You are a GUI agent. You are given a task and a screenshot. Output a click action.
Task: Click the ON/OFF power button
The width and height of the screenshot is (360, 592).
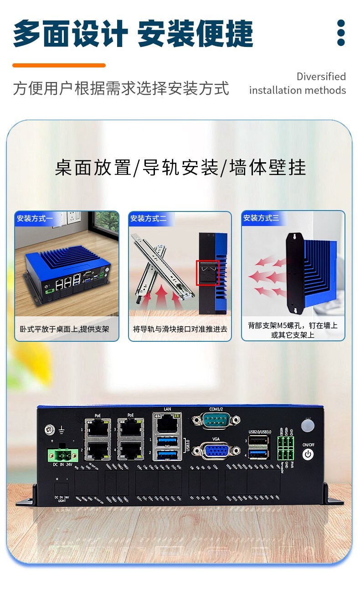309,454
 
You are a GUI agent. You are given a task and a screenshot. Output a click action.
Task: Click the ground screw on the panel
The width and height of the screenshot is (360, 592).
48,429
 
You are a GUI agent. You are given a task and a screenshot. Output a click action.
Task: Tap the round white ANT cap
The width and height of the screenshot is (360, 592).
309,426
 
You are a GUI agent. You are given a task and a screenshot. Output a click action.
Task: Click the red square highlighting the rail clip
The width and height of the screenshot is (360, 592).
207,273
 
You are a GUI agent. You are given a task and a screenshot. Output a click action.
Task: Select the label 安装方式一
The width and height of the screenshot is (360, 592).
35,219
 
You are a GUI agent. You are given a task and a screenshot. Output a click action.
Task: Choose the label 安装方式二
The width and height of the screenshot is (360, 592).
149,219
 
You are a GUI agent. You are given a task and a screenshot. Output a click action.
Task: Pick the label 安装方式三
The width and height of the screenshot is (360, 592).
261,219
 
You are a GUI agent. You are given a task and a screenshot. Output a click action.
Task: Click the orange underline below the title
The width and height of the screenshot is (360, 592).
59,66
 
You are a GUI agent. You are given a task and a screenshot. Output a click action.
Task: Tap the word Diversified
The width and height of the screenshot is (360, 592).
321,77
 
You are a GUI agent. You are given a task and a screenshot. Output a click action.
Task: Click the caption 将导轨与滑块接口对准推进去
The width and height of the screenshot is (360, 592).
180,329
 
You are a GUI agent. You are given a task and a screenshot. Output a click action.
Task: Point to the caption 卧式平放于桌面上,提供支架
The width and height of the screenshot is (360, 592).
64,329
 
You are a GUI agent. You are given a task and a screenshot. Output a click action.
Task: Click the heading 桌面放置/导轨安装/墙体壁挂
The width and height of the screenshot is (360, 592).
180,167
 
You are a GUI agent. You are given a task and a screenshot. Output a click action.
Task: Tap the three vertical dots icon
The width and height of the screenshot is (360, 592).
341,33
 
